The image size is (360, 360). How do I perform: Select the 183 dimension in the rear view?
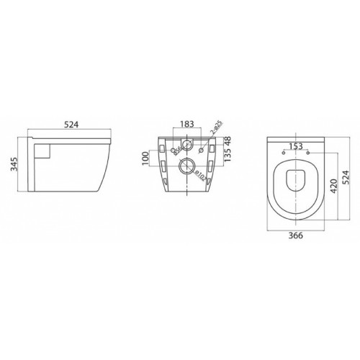pyautogui.click(x=187, y=123)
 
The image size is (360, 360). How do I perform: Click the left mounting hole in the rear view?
pyautogui.click(x=172, y=151)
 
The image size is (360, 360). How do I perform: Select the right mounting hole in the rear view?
pyautogui.click(x=201, y=151)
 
